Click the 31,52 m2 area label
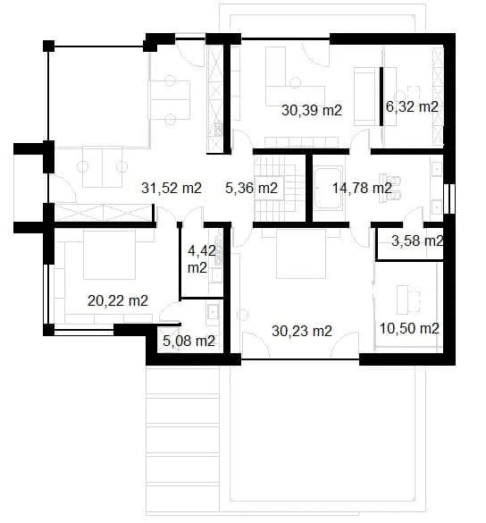(x=172, y=188)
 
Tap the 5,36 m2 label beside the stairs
(x=251, y=188)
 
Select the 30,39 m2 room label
(x=313, y=111)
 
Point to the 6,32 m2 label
(x=412, y=106)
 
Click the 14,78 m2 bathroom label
(x=361, y=188)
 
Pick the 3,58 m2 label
(x=417, y=240)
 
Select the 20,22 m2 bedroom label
(x=118, y=300)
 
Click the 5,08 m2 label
(x=189, y=341)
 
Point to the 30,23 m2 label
(x=301, y=331)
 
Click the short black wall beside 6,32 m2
(x=381, y=94)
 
